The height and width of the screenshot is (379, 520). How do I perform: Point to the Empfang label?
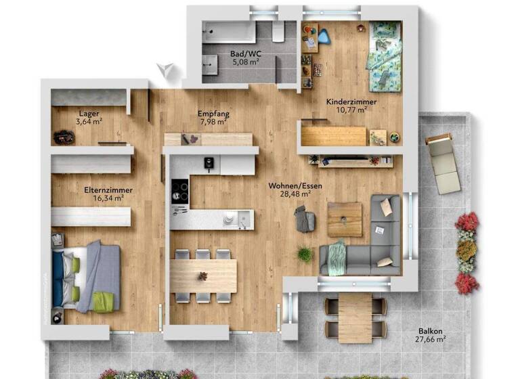[x=212, y=114]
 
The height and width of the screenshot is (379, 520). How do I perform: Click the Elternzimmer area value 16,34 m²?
[x=108, y=198]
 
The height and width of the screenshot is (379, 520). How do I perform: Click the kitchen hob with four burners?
[x=180, y=189]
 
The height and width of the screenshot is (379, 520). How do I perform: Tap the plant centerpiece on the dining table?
[x=202, y=275]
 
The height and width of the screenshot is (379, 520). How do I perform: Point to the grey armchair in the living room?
[x=304, y=219]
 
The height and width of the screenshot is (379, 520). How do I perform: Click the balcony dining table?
[x=355, y=316]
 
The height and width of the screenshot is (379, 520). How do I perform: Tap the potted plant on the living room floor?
[x=305, y=254]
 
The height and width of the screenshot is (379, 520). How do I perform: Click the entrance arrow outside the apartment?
[x=165, y=69]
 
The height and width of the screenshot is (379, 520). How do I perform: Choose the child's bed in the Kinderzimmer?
[x=383, y=53]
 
